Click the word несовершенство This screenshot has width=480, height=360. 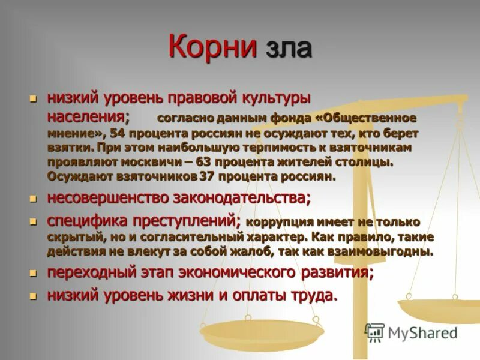[107, 197]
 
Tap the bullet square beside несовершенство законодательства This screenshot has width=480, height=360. [34, 197]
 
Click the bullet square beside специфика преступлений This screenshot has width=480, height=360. [34, 221]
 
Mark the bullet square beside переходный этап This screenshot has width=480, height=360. [34, 273]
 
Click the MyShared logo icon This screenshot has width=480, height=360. [374, 332]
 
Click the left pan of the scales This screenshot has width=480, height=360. [262, 330]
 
